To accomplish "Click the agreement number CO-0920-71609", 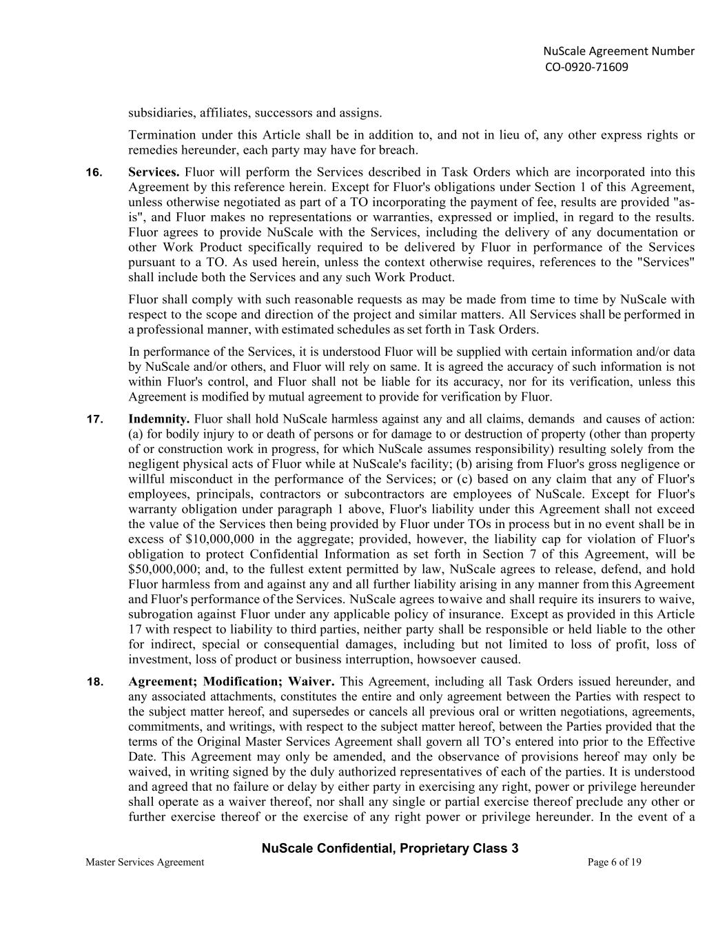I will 586,67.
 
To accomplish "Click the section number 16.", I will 94,172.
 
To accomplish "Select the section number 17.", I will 94,419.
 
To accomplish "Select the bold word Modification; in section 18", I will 243,682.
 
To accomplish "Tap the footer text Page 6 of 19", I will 614,862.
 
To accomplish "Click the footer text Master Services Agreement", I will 145,862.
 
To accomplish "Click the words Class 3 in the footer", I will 498,849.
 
